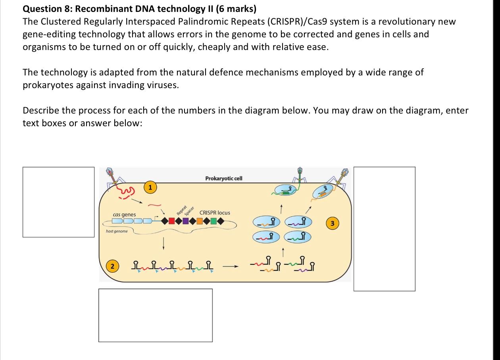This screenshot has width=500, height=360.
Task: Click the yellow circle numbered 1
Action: pyautogui.click(x=150, y=187)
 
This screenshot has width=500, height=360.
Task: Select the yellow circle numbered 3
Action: pyautogui.click(x=333, y=224)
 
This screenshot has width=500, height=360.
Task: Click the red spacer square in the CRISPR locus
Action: pyautogui.click(x=171, y=221)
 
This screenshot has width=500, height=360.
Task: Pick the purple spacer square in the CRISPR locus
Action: pyautogui.click(x=186, y=221)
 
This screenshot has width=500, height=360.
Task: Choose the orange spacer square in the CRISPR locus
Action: pyautogui.click(x=200, y=221)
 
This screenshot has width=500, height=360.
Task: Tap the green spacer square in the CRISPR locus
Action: pyautogui.click(x=214, y=221)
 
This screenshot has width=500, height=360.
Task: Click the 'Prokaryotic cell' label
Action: pyautogui.click(x=224, y=179)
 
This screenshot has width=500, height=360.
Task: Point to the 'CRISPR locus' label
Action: pyautogui.click(x=215, y=213)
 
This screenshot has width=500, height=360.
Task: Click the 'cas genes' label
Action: pyautogui.click(x=124, y=215)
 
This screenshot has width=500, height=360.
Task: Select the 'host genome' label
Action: pyautogui.click(x=117, y=231)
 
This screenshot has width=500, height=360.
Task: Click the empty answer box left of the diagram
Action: pyautogui.click(x=58, y=202)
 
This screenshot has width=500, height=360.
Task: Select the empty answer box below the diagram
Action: pyautogui.click(x=155, y=315)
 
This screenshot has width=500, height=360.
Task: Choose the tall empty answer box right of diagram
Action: pyautogui.click(x=384, y=229)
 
